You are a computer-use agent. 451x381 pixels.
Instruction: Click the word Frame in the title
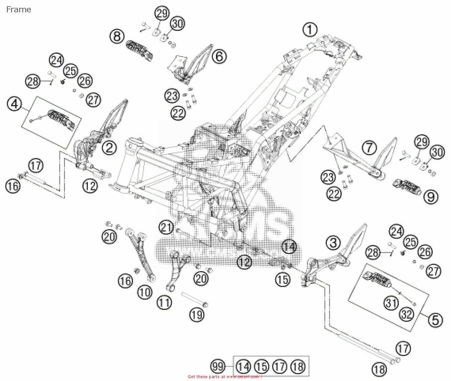[19, 10]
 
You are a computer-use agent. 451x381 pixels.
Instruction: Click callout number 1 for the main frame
[310, 30]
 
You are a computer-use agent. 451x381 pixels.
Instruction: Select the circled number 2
[109, 147]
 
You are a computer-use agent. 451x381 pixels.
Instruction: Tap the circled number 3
[333, 243]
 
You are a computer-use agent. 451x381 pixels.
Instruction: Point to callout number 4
[14, 104]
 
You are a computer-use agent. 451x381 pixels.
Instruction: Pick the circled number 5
[435, 320]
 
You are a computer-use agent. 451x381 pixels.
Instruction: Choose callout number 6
[219, 56]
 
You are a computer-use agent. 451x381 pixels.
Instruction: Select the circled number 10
[145, 292]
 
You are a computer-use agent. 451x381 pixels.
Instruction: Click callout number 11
[164, 302]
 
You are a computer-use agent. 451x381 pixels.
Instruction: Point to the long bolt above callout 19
[194, 300]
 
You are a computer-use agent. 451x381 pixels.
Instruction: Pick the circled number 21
[166, 227]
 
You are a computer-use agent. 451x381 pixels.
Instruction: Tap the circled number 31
[391, 303]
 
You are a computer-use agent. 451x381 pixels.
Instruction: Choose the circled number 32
[406, 314]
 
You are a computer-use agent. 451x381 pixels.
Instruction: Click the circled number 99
[218, 366]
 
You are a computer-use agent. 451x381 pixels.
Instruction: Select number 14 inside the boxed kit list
[243, 367]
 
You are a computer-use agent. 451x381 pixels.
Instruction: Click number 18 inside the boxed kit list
[298, 367]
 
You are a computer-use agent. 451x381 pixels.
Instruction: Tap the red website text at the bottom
[224, 377]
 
